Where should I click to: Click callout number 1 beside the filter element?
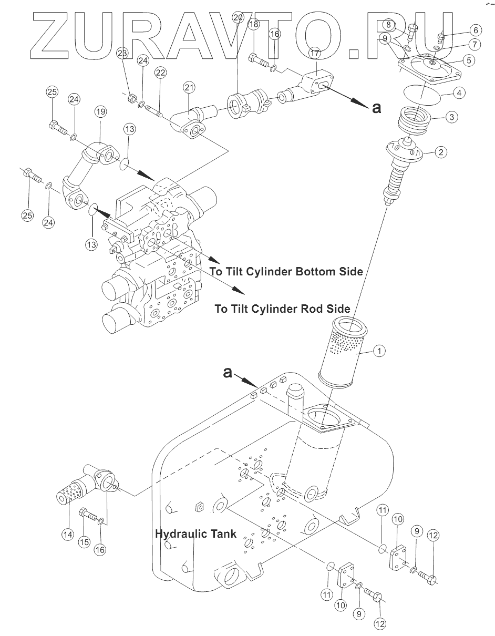point(379,349)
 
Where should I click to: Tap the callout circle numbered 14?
point(67,534)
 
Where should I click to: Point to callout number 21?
point(189,87)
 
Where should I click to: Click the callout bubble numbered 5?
point(467,60)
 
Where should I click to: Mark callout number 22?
point(160,73)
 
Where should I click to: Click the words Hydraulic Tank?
point(195,534)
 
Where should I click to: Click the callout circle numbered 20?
point(238,17)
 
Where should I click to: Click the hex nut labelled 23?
point(133,98)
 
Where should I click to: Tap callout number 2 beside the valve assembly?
point(441,153)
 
